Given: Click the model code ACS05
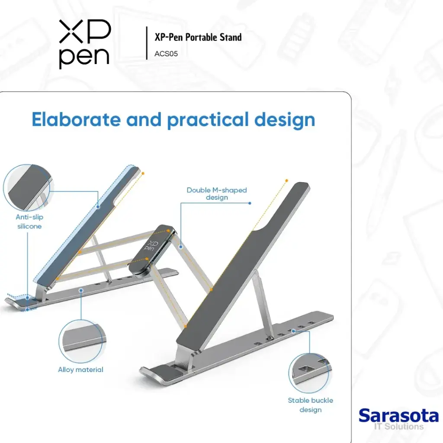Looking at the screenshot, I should click(166, 55).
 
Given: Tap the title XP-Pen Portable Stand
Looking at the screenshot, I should click(198, 37).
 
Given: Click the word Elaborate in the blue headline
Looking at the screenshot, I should click(75, 119).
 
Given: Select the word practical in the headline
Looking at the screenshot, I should click(207, 120).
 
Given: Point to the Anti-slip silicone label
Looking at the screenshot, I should click(29, 221).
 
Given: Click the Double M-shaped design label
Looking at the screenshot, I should click(217, 193).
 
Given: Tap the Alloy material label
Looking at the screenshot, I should click(81, 370).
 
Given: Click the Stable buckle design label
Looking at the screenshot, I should click(311, 405).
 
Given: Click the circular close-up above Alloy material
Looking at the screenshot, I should click(81, 341).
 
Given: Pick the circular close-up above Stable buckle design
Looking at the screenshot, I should click(310, 373).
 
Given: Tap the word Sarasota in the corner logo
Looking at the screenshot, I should click(398, 416).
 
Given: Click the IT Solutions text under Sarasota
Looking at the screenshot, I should click(398, 427).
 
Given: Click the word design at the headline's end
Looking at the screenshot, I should click(285, 119).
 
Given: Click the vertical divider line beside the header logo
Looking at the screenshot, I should click(147, 43).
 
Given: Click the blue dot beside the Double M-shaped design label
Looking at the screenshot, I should click(250, 202).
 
